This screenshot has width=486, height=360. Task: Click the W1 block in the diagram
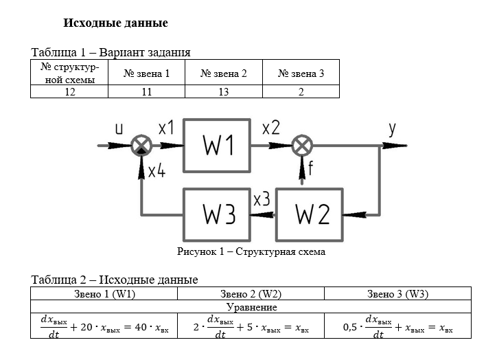[x=218, y=146]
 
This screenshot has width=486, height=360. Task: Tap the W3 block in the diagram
[x=218, y=214]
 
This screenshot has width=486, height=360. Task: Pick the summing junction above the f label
[x=302, y=146]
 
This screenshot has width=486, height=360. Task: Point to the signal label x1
[x=167, y=128]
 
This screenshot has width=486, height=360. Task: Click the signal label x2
[x=270, y=128]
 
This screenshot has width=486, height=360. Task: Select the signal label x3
[x=262, y=200]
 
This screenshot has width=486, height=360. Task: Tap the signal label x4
[x=157, y=171]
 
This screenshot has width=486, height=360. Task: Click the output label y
[x=392, y=129]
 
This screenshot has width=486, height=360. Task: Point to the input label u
[x=119, y=128]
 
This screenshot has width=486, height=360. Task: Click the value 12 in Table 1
[x=69, y=91]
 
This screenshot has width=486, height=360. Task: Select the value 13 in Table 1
[x=224, y=91]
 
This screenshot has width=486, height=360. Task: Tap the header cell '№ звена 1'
[x=146, y=74]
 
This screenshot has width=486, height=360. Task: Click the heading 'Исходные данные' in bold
[x=115, y=23]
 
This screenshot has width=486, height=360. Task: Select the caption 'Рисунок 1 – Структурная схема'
[x=251, y=251]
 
